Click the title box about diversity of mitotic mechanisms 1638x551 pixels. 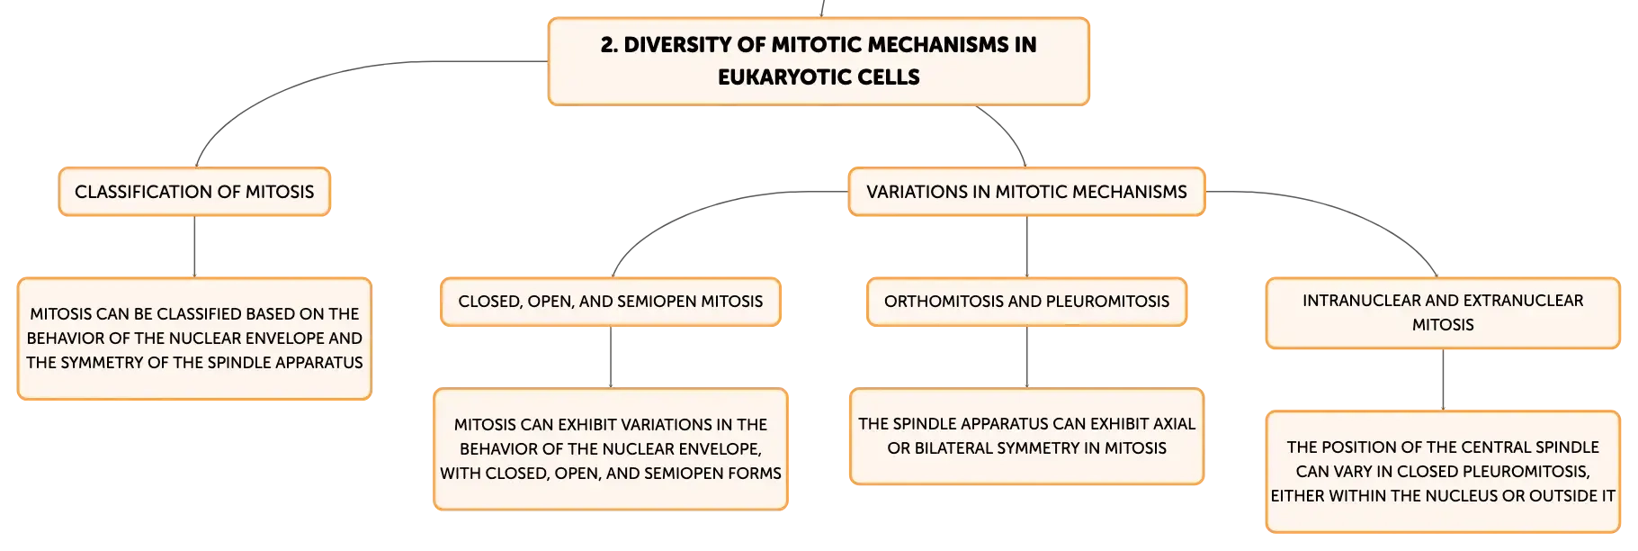[x=819, y=61]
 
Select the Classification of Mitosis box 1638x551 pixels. [x=194, y=192]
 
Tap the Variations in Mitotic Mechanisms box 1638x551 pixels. [x=1026, y=192]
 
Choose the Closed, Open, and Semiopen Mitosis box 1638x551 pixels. [x=611, y=302]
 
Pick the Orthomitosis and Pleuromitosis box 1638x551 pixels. [x=1026, y=302]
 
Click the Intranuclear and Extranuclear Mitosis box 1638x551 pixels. [x=1443, y=312]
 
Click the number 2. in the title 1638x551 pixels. [x=609, y=45]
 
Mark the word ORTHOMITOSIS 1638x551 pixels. [x=940, y=302]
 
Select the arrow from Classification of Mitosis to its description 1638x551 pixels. [x=194, y=247]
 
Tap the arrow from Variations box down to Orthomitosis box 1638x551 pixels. [x=1026, y=247]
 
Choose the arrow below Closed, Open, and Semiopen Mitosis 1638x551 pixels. [x=611, y=357]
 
